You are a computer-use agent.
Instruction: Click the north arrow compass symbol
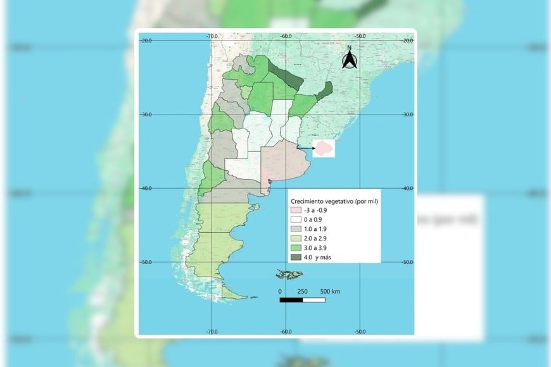tap(349, 58)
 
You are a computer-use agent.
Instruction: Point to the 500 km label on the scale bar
tap(330, 290)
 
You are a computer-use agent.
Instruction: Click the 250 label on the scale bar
tap(303, 290)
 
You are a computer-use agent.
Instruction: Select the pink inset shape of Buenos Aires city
tap(326, 148)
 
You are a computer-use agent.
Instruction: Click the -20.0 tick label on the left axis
tap(146, 40)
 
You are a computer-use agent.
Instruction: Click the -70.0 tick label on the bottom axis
tap(212, 331)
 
